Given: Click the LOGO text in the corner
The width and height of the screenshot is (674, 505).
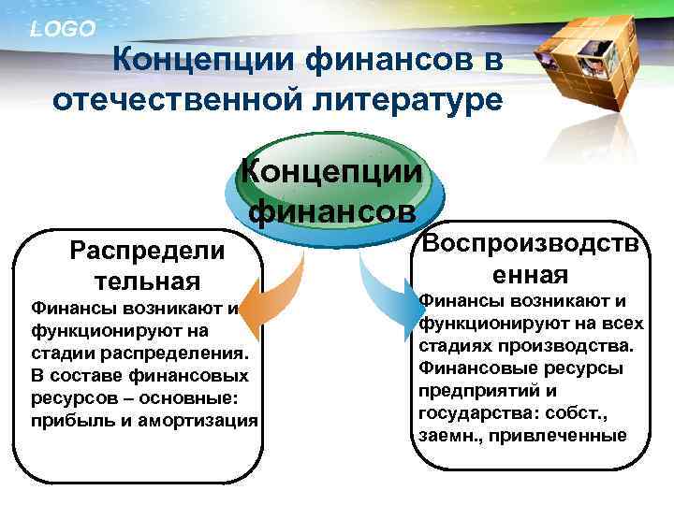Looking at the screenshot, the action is pyautogui.click(x=63, y=29).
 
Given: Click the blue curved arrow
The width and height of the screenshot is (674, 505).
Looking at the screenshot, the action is pyautogui.click(x=384, y=285).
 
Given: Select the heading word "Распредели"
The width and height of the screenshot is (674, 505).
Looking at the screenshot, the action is pyautogui.click(x=148, y=251).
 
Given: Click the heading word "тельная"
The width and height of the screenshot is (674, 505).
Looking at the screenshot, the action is pyautogui.click(x=148, y=281).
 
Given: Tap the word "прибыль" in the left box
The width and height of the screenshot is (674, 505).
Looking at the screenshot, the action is pyautogui.click(x=66, y=420).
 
